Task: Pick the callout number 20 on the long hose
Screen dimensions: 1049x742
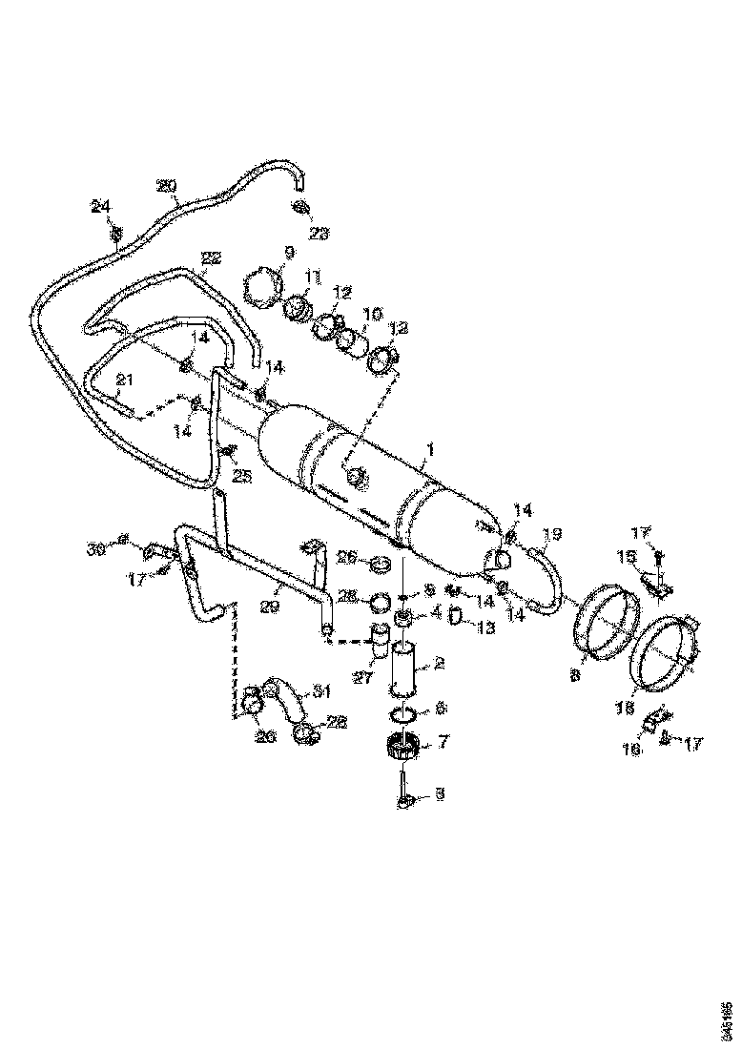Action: [x=166, y=187]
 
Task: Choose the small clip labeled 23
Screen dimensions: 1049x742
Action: [x=299, y=210]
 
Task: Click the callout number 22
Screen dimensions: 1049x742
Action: [x=211, y=258]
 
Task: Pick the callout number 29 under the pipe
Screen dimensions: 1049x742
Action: [x=271, y=606]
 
